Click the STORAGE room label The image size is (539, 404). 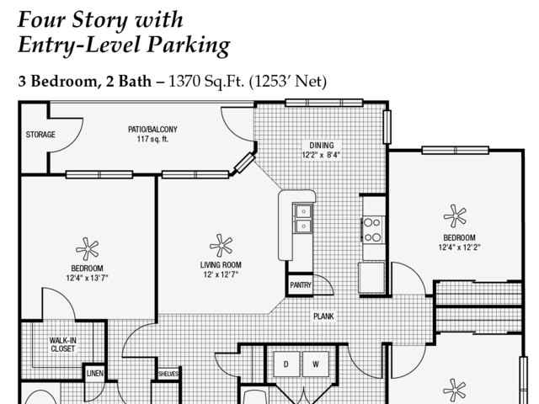click(40, 135)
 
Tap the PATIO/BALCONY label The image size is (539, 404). click(152, 130)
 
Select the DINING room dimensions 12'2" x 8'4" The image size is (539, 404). click(321, 155)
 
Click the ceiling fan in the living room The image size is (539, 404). click(221, 246)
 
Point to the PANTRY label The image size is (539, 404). click(301, 285)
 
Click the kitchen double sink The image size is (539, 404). click(303, 219)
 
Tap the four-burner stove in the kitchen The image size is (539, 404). click(372, 230)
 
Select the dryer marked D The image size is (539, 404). click(286, 364)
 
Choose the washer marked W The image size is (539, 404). click(316, 364)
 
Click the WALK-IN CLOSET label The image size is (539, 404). click(62, 344)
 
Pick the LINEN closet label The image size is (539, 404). click(95, 373)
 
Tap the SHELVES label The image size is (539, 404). click(168, 374)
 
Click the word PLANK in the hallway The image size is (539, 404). click(323, 316)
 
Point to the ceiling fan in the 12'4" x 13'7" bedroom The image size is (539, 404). click(88, 249)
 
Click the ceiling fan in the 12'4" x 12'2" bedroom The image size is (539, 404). click(455, 216)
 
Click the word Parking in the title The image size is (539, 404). click(189, 45)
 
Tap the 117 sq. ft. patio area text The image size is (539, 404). click(152, 139)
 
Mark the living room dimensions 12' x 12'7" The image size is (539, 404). click(221, 274)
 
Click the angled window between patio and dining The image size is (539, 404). click(244, 163)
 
